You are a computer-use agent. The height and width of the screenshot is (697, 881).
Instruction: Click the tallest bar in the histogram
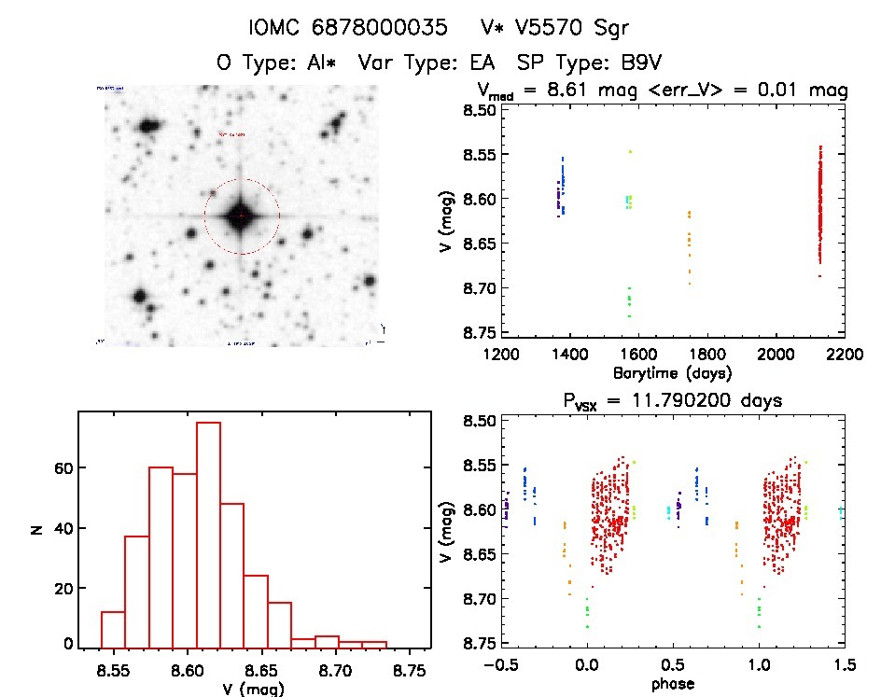point(208,535)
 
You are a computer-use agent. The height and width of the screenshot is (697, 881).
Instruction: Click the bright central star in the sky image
point(241,216)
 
